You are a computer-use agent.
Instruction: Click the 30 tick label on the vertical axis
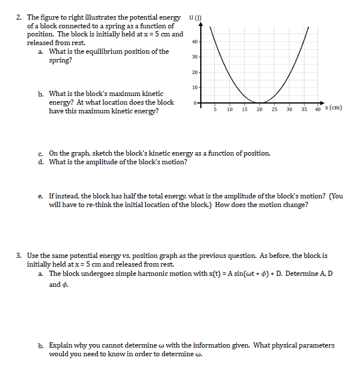[194, 57]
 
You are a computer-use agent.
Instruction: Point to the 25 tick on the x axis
[275, 109]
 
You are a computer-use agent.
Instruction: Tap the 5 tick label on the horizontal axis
[215, 109]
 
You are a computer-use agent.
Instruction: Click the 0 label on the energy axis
[196, 102]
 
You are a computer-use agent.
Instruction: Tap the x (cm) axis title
[333, 108]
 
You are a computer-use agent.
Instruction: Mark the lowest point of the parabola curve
[260, 102]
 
